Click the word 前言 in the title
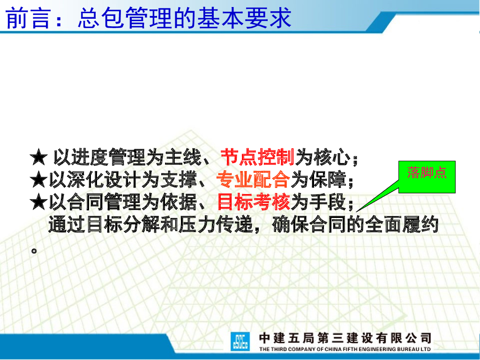[28, 18]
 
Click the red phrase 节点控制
[257, 157]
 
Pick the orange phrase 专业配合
[253, 180]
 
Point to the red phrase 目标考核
[254, 202]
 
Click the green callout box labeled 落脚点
[427, 177]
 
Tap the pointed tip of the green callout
[356, 212]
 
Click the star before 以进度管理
[39, 157]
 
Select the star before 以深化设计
[39, 180]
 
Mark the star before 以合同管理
[39, 202]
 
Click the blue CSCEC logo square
[240, 342]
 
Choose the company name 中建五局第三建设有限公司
[345, 338]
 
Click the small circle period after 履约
[34, 251]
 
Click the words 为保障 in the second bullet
[318, 180]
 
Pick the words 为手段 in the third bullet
[319, 202]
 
